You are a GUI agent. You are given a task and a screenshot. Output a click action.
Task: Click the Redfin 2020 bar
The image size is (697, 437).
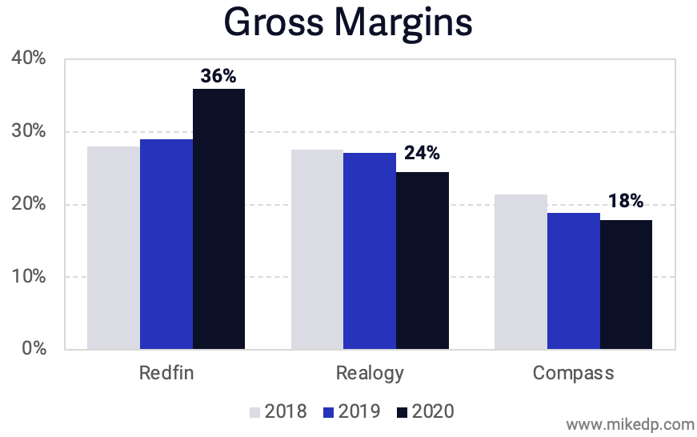218,219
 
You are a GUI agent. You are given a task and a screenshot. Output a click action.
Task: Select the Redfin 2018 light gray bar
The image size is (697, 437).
114,248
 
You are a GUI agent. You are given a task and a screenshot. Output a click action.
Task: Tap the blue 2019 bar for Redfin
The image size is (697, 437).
166,244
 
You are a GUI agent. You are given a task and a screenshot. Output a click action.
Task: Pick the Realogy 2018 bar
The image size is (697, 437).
317,250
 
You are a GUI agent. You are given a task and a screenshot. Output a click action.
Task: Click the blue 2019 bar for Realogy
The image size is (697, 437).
370,251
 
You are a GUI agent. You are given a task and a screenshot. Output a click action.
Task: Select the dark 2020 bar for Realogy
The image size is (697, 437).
423,261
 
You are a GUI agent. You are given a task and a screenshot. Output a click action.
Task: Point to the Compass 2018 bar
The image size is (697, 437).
521,272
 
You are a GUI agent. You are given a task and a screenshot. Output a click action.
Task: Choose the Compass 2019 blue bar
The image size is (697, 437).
574,281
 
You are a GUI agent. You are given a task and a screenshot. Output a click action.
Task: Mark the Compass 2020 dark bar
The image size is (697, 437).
627,285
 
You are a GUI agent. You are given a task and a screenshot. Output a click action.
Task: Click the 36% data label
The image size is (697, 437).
218,77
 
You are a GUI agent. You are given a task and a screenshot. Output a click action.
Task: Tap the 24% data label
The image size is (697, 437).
422,153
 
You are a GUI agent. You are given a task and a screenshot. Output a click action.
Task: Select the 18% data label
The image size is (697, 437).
625,202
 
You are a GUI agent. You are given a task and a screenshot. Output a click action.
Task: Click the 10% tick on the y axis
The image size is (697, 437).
29,277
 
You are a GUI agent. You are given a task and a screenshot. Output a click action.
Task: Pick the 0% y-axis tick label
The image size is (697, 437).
34,350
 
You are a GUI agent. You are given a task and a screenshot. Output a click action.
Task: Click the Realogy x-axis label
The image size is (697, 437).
370,373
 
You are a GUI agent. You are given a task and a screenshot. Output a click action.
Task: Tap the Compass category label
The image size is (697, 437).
573,373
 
